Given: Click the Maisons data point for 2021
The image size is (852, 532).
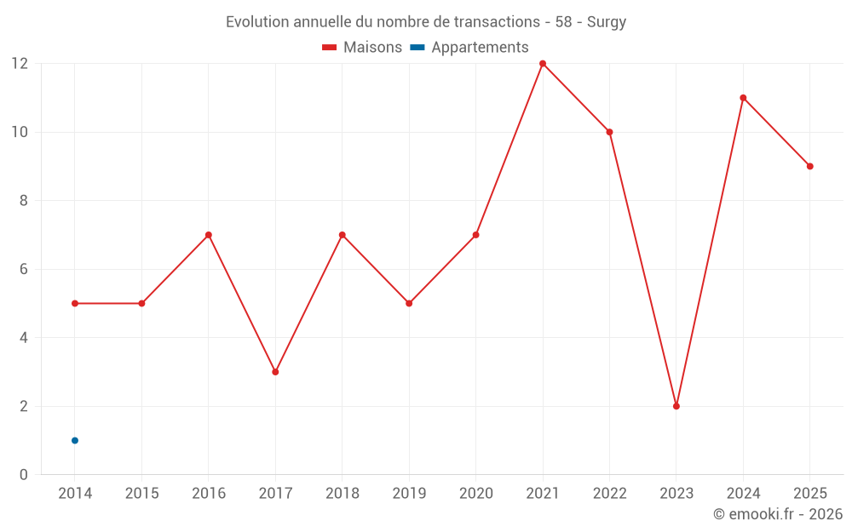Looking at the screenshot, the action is [x=542, y=64].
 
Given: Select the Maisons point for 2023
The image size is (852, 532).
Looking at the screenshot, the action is [x=676, y=406].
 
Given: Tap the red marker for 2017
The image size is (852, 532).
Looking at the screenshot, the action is [x=275, y=372].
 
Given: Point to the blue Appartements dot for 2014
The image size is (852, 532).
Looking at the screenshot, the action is [x=75, y=440].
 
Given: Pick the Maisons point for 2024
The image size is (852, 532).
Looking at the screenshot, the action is [x=743, y=98].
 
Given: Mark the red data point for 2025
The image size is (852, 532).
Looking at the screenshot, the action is [x=809, y=166].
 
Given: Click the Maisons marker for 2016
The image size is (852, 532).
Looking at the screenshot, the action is [x=209, y=235].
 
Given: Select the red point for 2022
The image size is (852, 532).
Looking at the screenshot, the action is [x=609, y=132].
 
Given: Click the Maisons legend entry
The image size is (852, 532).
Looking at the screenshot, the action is [x=362, y=47].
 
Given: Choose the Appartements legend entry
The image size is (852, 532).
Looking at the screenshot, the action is [x=469, y=47].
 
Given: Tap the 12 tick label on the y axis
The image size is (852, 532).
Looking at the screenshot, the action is [x=20, y=64].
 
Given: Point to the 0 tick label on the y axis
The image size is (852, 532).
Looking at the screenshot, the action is [x=23, y=474].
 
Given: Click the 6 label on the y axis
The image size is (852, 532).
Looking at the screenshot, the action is [x=23, y=269].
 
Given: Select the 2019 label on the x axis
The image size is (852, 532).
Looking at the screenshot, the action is [x=409, y=493].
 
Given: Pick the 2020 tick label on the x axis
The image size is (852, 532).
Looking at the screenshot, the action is [x=476, y=493].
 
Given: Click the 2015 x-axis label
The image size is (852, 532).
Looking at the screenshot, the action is [x=141, y=493].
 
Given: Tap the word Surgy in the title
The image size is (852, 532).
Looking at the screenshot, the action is [x=607, y=22].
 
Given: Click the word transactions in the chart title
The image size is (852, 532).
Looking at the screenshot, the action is [x=497, y=22].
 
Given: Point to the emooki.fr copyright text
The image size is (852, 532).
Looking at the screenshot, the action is [x=778, y=513].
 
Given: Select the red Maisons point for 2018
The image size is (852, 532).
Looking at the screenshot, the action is [x=343, y=235].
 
